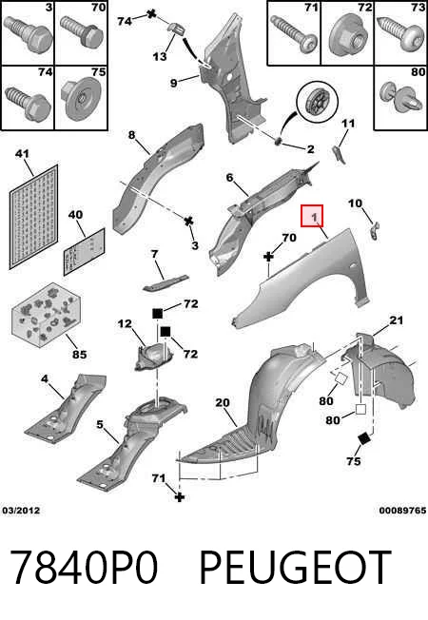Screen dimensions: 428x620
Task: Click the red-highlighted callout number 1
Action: pyautogui.click(x=312, y=216)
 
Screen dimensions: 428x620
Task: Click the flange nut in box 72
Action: pyautogui.click(x=347, y=35)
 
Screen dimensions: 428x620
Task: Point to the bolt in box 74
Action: pyautogui.click(x=28, y=102)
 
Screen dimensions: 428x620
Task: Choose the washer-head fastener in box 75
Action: pyautogui.click(x=81, y=99)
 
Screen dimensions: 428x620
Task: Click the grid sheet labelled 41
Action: pyautogui.click(x=33, y=217)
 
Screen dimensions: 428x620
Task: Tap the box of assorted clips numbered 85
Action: pyautogui.click(x=47, y=315)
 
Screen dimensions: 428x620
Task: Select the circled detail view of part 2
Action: pyautogui.click(x=318, y=103)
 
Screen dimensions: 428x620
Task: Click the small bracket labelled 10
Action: pyautogui.click(x=375, y=230)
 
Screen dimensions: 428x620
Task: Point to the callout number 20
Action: pyautogui.click(x=223, y=402)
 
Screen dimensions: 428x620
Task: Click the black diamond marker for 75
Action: pyautogui.click(x=363, y=438)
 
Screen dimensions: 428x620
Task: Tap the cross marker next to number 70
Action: pyautogui.click(x=268, y=257)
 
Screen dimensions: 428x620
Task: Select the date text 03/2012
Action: pyautogui.click(x=21, y=511)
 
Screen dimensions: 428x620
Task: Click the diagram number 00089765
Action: pyautogui.click(x=402, y=511)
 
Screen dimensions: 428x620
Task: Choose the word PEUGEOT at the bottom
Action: pyautogui.click(x=295, y=567)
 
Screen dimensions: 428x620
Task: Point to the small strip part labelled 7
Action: pyautogui.click(x=165, y=283)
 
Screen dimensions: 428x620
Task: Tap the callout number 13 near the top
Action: pyautogui.click(x=160, y=56)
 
